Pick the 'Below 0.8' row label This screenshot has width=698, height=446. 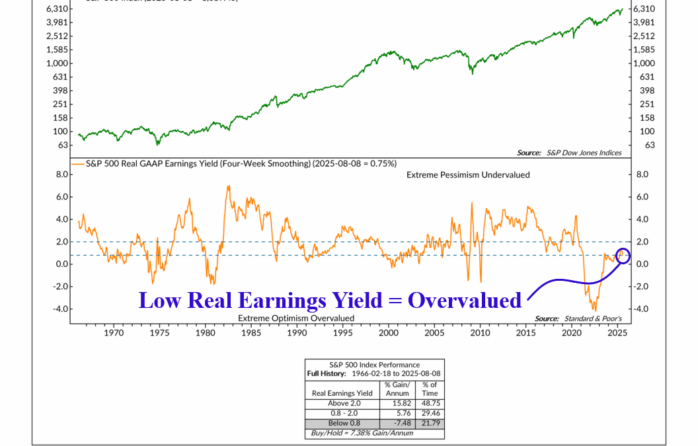[342, 424]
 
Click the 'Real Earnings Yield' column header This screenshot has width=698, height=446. [342, 393]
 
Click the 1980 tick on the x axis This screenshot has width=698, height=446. [206, 333]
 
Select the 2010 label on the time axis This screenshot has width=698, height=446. [481, 333]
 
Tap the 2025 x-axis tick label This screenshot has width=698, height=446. [618, 333]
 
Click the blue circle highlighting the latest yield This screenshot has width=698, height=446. [622, 255]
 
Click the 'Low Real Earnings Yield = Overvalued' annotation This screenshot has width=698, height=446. [330, 300]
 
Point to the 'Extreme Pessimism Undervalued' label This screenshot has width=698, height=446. [468, 174]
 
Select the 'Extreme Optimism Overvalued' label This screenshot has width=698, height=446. [296, 318]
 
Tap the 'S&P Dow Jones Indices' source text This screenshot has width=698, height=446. [584, 153]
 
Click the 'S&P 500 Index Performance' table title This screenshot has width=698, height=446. [374, 365]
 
